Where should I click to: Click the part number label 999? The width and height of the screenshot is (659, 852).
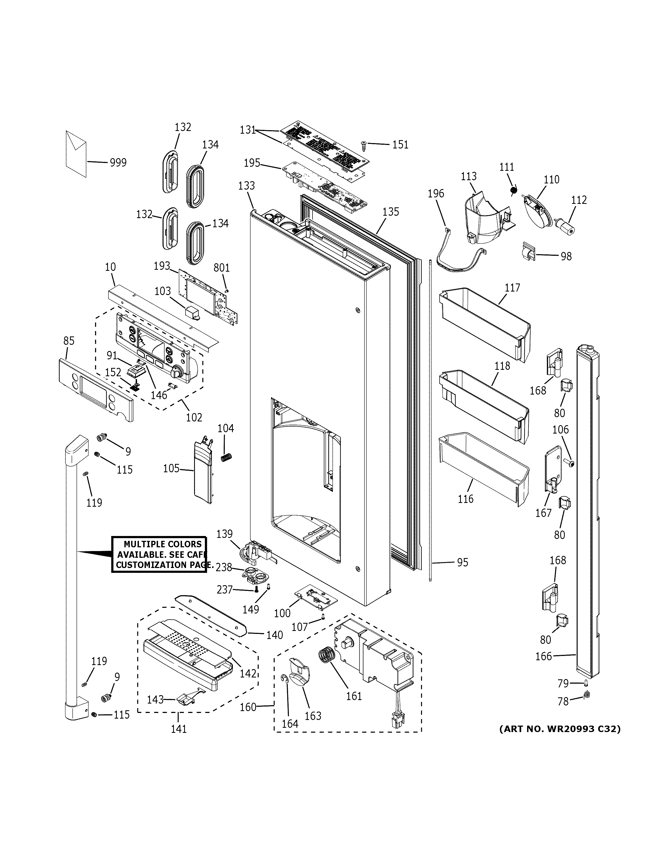click(118, 163)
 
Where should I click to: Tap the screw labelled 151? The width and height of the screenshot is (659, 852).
click(363, 145)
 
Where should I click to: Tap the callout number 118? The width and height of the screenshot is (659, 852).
click(502, 366)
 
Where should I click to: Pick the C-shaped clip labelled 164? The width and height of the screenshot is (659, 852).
click(286, 680)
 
